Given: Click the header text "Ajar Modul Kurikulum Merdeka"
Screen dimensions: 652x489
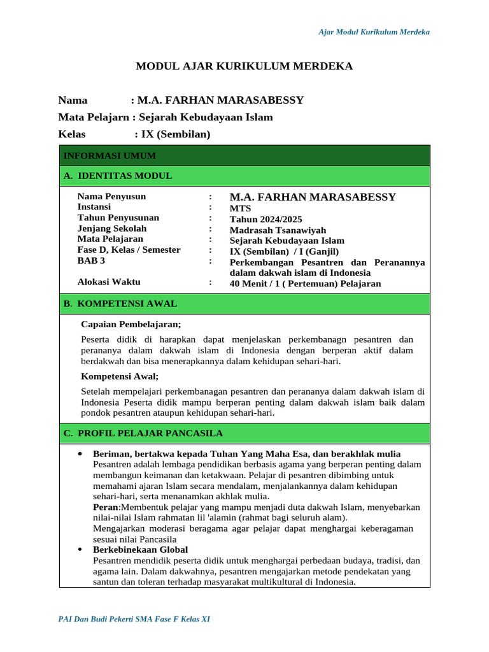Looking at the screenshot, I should pos(374,32).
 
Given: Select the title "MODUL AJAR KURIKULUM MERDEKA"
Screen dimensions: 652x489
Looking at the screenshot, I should pos(244,66).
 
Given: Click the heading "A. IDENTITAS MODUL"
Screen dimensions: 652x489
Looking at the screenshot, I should pos(118,176).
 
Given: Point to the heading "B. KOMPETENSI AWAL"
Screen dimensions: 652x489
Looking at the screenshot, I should pos(120,304).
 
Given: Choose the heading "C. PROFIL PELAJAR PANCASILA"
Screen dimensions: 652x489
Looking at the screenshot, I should pos(143,434).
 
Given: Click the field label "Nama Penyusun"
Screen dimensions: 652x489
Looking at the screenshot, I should pos(111,196).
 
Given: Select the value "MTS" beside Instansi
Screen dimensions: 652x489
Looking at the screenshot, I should pos(240,208).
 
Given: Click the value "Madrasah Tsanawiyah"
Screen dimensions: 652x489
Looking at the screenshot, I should pos(278,230).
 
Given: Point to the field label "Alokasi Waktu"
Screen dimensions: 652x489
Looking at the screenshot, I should pos(109,282).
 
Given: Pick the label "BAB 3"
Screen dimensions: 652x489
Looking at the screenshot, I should pos(91,260).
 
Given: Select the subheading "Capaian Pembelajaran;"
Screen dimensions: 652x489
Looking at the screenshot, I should pos(131,325).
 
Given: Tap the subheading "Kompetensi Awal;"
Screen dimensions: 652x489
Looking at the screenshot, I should pos(120,376).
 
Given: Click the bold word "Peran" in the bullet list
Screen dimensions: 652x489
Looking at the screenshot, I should pos(106,507).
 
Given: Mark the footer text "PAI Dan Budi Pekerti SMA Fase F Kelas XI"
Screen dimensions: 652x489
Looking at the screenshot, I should pos(134,619).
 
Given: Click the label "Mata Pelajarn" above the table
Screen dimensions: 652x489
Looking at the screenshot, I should pos(93,117).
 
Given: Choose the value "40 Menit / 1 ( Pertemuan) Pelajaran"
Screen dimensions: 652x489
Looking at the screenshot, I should pos(305,284).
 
